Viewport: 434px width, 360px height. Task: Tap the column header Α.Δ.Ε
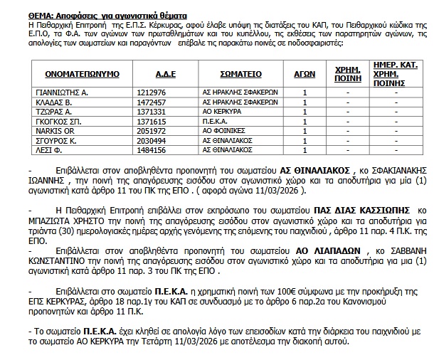[x=166, y=74]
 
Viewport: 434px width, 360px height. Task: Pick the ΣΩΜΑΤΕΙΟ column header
[x=240, y=74]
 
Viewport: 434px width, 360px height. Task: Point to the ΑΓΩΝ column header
[x=305, y=74]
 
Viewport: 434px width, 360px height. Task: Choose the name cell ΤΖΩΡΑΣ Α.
[x=53, y=112]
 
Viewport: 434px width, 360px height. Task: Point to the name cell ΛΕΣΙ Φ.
[x=49, y=151]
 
